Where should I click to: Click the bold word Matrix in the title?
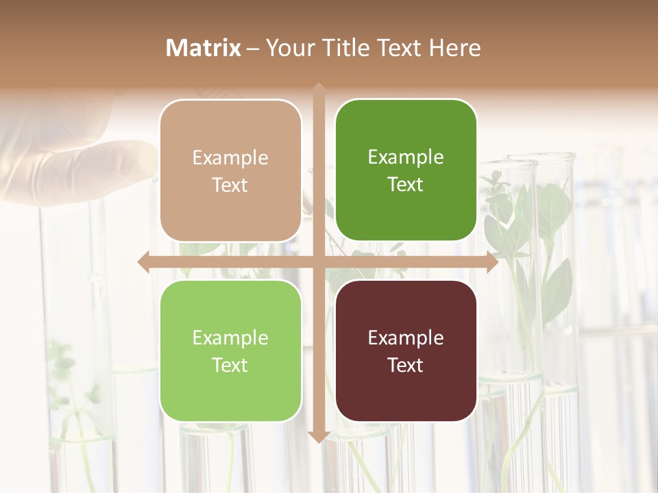pyautogui.click(x=204, y=48)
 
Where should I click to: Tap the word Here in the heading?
pyautogui.click(x=454, y=48)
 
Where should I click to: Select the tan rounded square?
pyautogui.click(x=230, y=170)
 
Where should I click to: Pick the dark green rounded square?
pyautogui.click(x=406, y=170)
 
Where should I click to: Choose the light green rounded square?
pyautogui.click(x=230, y=351)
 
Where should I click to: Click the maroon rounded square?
pyautogui.click(x=406, y=351)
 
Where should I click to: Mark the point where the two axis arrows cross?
pyautogui.click(x=318, y=262)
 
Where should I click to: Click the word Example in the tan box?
pyautogui.click(x=230, y=158)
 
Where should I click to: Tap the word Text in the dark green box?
pyautogui.click(x=406, y=185)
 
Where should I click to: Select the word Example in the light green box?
pyautogui.click(x=230, y=338)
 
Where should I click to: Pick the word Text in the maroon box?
pyautogui.click(x=406, y=365)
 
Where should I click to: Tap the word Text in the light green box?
pyautogui.click(x=230, y=365)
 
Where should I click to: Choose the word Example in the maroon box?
pyautogui.click(x=406, y=338)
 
